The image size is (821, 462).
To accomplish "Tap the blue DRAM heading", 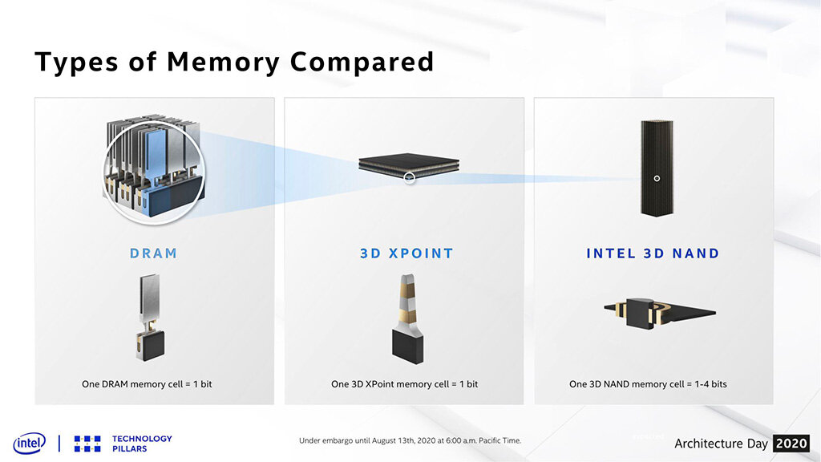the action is (153, 253).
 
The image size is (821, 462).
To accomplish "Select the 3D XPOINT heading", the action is (406, 253).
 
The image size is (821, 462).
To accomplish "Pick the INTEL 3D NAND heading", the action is (653, 253).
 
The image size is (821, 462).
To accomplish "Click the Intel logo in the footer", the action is (29, 443).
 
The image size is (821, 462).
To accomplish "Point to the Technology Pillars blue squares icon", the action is (87, 444).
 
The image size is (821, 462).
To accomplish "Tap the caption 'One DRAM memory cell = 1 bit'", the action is (147, 384).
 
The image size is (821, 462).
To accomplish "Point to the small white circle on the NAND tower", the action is (656, 178).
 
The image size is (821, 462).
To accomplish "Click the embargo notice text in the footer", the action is (410, 440).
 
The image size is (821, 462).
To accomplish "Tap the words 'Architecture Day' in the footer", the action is (720, 444).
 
